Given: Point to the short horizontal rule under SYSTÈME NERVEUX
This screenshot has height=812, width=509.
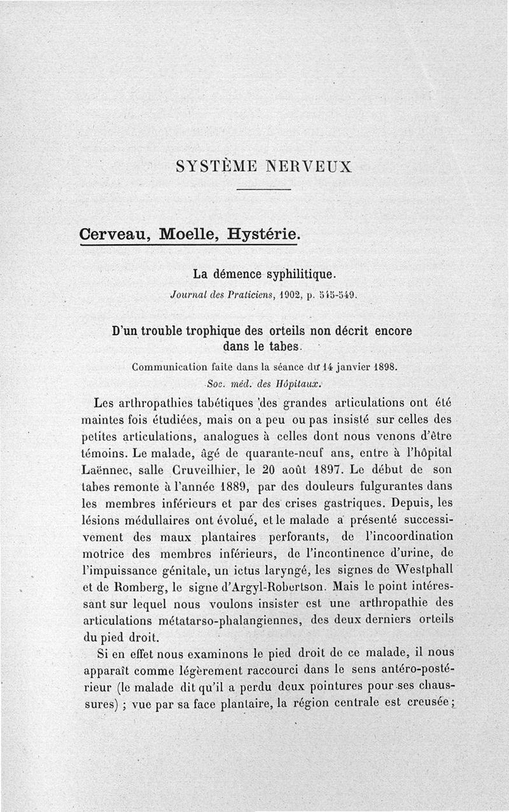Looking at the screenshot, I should pyautogui.click(x=263, y=189).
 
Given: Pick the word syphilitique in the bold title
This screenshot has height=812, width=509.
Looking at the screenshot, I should pyautogui.click(x=299, y=275).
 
